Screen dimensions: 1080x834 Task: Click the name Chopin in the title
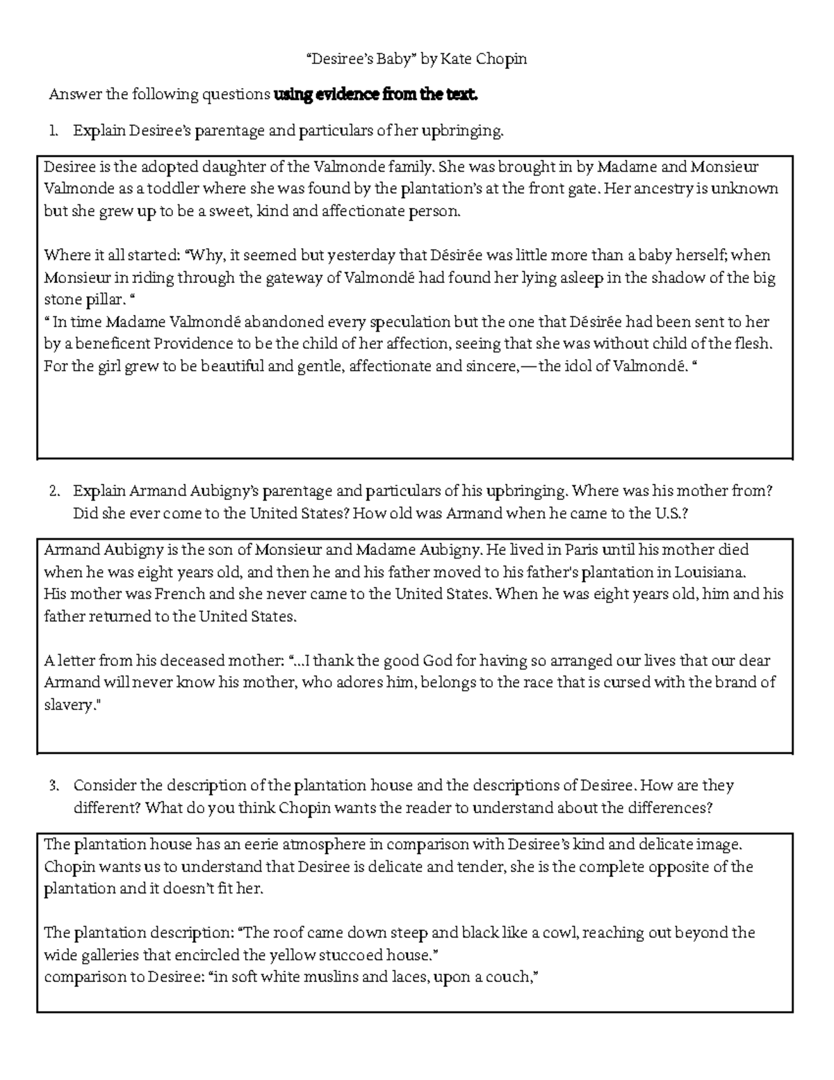point(501,60)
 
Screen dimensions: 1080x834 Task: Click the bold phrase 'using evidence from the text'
point(376,95)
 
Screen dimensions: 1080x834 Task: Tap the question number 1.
point(54,131)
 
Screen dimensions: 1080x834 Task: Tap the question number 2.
point(54,492)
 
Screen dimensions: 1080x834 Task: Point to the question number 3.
point(54,787)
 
